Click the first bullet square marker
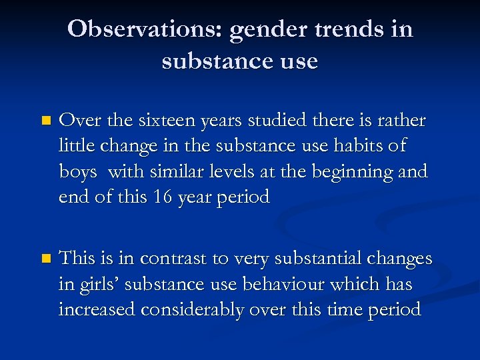click(x=45, y=121)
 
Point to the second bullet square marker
click(x=45, y=258)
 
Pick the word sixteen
click(x=157, y=121)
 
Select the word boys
click(x=79, y=171)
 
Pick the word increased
click(x=100, y=309)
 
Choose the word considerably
click(x=205, y=309)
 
